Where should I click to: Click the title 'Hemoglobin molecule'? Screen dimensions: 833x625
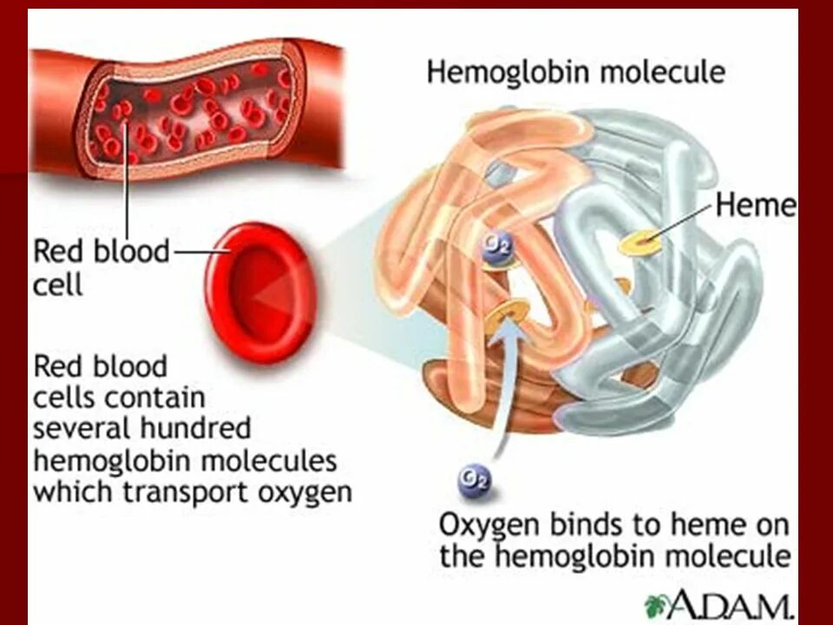[x=575, y=72]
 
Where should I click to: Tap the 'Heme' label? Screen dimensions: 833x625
[x=755, y=206]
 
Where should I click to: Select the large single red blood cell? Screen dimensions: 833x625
[x=258, y=293]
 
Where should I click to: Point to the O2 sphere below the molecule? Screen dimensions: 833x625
[x=474, y=478]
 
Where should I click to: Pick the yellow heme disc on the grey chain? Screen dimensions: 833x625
[x=640, y=244]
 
